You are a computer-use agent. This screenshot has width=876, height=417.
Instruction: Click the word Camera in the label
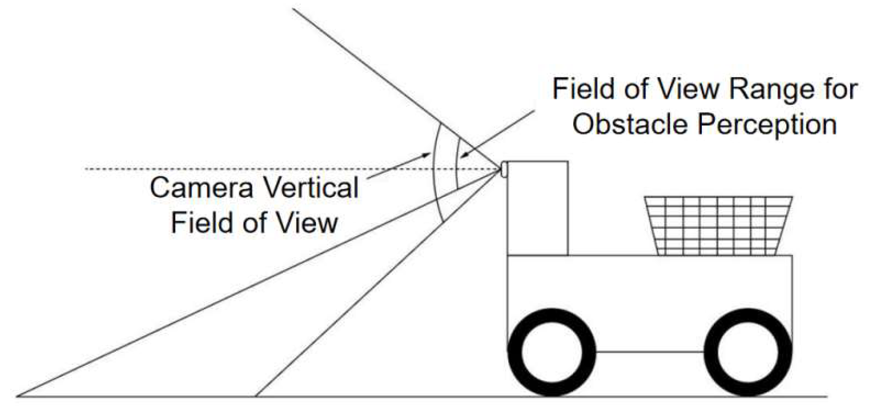point(201,188)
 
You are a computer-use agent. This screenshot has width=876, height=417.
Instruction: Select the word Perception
point(767,124)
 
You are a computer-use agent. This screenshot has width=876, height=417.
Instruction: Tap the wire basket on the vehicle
point(718,225)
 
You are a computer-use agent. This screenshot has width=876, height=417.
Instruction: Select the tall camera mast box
point(537,208)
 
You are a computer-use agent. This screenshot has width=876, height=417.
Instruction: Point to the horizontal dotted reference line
point(253,169)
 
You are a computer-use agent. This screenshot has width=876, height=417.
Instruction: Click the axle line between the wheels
point(650,351)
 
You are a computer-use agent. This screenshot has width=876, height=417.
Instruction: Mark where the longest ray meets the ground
point(19,396)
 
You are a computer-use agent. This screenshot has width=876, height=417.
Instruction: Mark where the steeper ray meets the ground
point(256,396)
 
